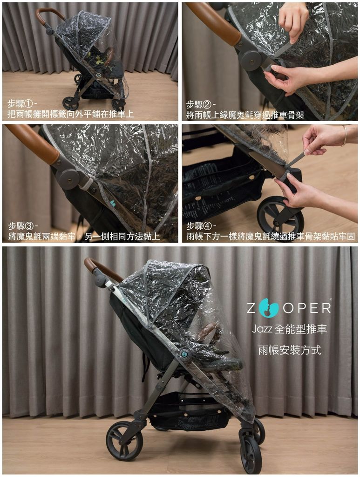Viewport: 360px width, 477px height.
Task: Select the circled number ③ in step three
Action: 29,226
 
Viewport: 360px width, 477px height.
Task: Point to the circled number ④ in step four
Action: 207,226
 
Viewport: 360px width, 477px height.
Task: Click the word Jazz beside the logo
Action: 262,329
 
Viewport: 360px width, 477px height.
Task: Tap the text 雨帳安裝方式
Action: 290,350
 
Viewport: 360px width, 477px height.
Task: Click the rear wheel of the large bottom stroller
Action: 124,441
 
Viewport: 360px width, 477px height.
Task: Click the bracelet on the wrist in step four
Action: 345,136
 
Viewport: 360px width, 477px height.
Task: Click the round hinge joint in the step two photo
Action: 251,60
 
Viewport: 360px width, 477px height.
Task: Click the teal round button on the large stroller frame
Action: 184,354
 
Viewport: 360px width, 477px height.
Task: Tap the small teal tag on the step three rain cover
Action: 113,203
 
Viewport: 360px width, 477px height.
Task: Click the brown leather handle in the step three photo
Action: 34,143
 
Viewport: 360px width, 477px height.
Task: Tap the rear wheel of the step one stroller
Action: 70,103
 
